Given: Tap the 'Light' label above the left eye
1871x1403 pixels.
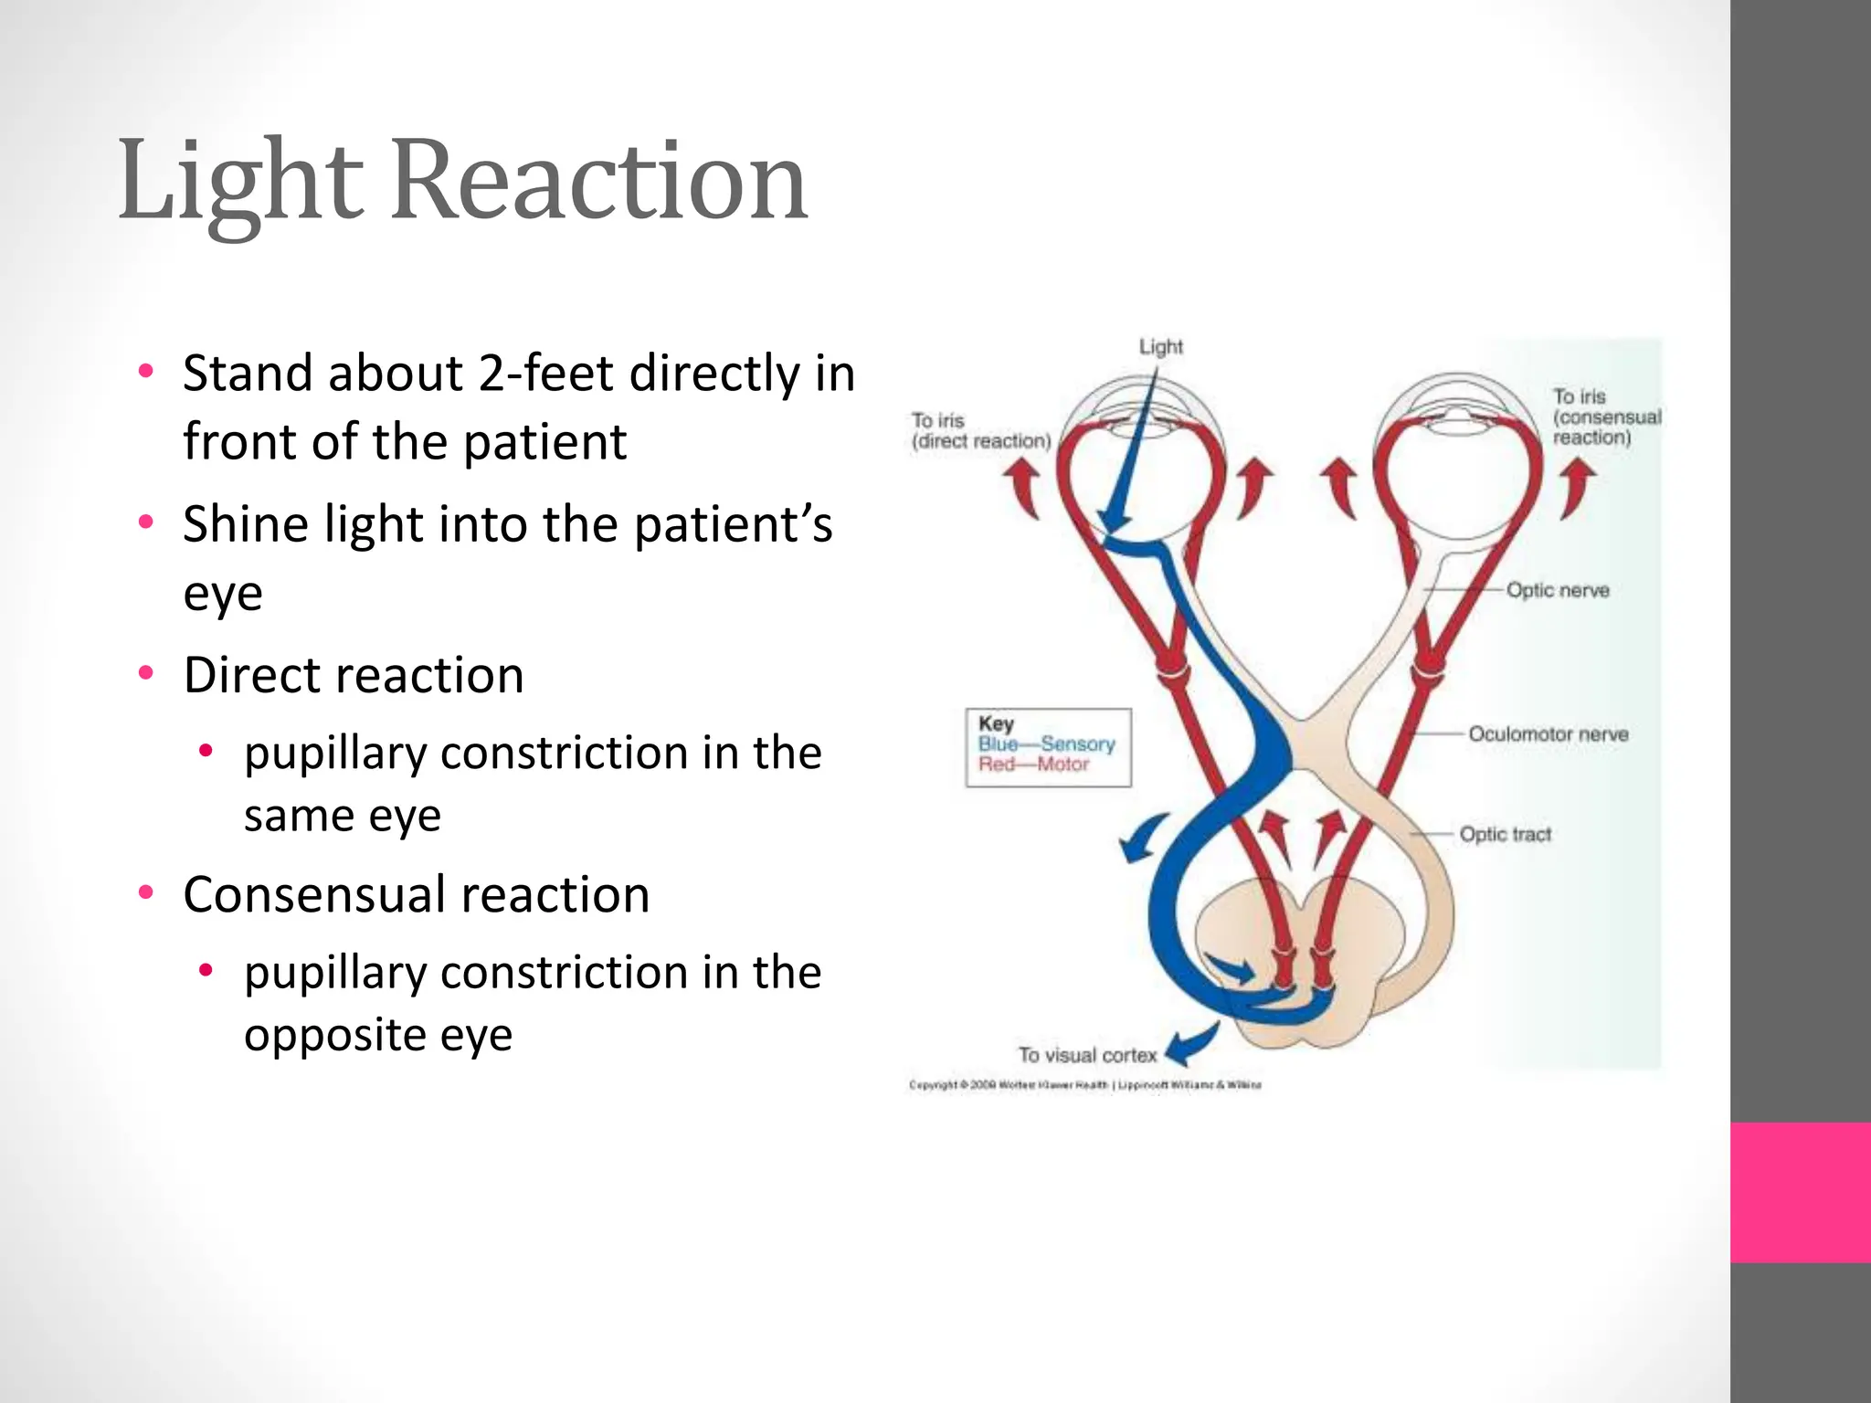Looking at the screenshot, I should click(1160, 347).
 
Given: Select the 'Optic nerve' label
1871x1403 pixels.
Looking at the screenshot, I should click(1558, 590).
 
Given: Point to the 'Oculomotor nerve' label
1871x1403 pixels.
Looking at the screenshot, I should click(1548, 734).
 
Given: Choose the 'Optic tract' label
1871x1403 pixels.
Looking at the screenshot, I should click(1505, 834).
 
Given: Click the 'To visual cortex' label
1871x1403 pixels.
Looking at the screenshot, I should click(1087, 1055).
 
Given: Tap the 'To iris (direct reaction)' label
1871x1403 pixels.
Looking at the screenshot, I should click(980, 430).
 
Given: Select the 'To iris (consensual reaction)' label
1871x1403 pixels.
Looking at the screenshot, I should click(1606, 417).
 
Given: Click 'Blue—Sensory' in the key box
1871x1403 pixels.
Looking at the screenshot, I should click(1047, 744).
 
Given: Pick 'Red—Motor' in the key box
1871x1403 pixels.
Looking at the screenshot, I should click(1033, 765).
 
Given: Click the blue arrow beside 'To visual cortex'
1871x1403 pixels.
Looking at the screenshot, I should click(1193, 1045).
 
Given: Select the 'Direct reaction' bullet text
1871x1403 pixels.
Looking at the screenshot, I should click(354, 675).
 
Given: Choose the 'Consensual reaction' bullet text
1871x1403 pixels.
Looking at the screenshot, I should click(417, 894).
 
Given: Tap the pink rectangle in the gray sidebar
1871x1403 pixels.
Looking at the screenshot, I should click(1801, 1192).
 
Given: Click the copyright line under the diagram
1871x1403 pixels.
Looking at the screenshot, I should click(1085, 1085).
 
